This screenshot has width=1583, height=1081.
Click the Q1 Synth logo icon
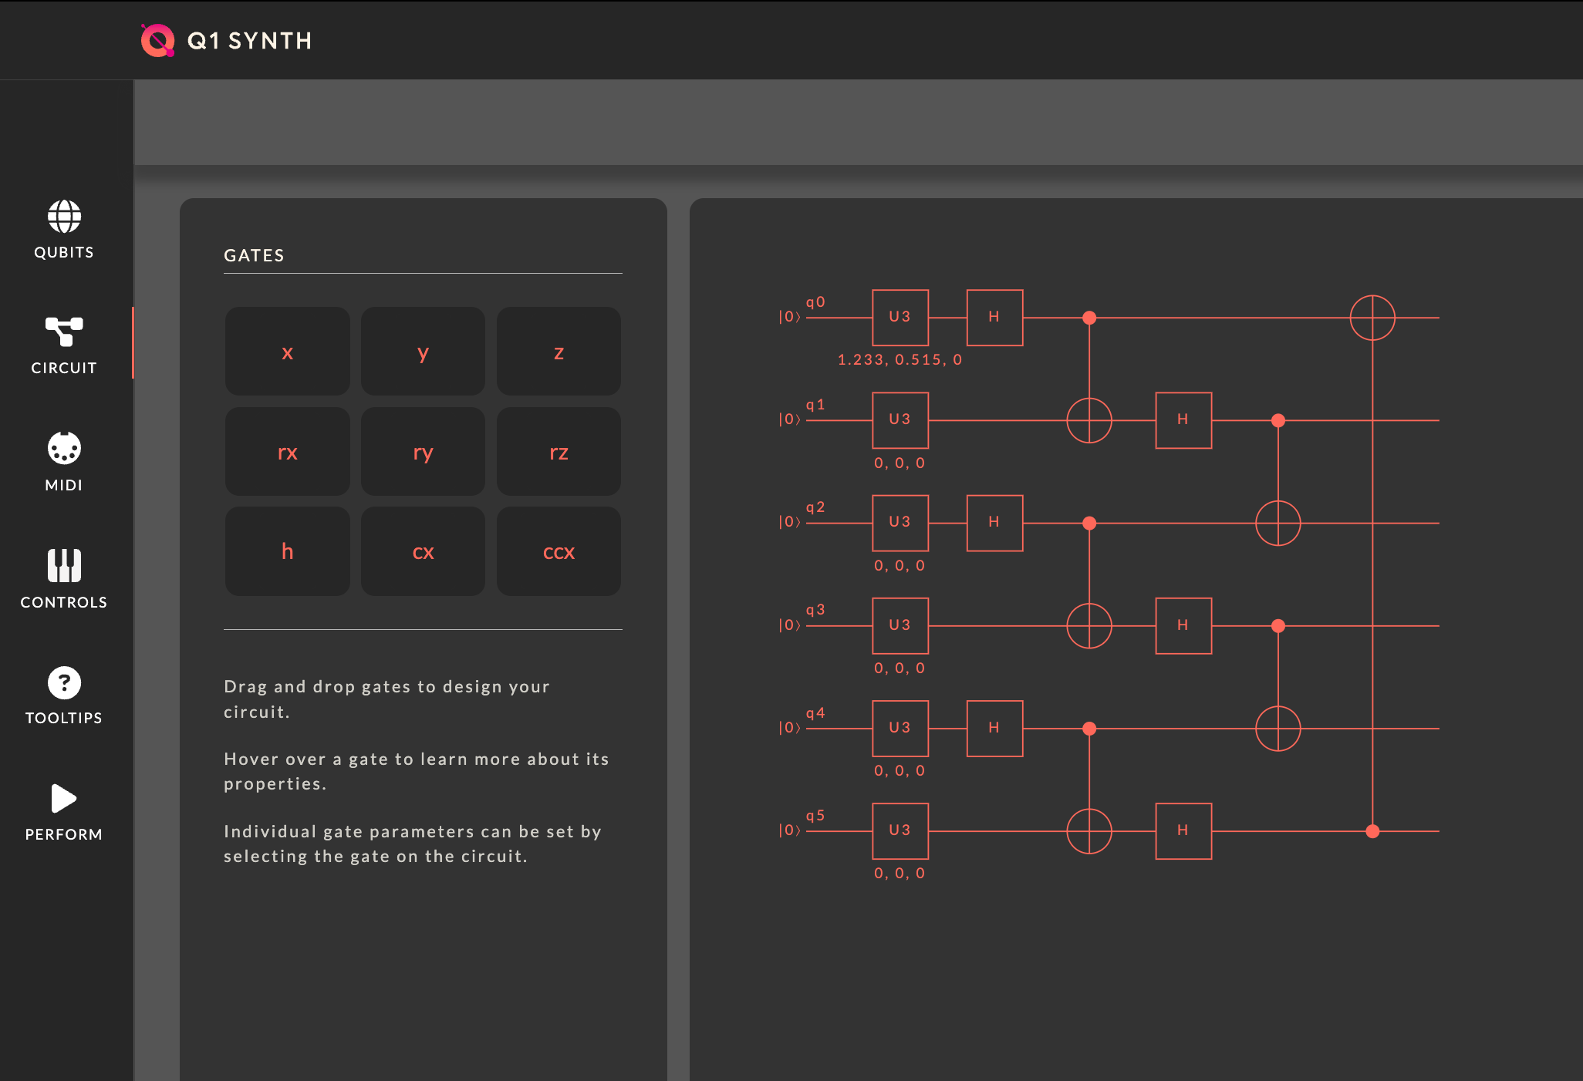158,41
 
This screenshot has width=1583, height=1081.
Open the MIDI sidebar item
64,461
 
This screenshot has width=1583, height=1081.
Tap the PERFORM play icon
63,799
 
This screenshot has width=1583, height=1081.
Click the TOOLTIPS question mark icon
64,683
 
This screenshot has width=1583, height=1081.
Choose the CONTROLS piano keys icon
64,566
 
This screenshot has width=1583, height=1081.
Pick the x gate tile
287,352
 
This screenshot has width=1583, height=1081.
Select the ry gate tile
423,452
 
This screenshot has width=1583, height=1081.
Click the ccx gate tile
559,551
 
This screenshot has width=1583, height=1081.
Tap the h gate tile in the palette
287,551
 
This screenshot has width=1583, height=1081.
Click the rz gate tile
559,452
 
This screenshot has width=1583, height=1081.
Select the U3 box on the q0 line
900,318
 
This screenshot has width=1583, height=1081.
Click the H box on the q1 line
1183,420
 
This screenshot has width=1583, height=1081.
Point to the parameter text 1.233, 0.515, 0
900,360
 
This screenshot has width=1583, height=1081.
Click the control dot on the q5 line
1372,831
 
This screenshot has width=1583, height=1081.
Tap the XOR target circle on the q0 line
1372,318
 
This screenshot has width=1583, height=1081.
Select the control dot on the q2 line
1089,524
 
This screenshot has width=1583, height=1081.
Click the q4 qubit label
815,713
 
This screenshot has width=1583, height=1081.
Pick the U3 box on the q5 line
900,831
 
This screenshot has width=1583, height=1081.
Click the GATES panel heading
254,256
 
